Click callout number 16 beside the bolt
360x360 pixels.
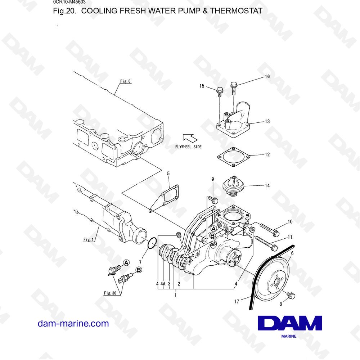267,76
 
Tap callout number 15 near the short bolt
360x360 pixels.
202,86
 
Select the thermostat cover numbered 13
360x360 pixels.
233,120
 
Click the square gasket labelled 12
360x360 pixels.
234,157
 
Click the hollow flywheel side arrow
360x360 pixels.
190,138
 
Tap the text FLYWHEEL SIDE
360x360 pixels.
188,147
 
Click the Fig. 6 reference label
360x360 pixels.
125,81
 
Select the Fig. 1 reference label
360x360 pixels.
89,239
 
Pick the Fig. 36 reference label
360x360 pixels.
110,293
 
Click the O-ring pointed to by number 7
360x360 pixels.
152,243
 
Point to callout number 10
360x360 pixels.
290,221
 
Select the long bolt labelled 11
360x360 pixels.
266,243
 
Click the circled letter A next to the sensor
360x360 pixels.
126,263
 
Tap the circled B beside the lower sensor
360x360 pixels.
139,270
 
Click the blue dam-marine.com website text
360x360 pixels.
73,324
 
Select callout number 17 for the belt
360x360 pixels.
237,301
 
